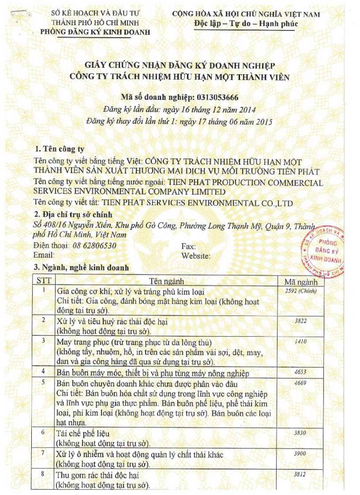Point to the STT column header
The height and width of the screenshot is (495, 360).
pos(44,281)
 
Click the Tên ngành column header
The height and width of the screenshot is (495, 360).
pos(167,282)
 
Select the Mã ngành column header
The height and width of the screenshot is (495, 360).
pos(301,282)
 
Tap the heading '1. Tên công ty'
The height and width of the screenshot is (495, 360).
pos(60,149)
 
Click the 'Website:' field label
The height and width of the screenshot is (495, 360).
pos(196,256)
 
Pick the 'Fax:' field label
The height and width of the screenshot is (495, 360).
pos(188,246)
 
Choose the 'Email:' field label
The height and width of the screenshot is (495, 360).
pos(44,255)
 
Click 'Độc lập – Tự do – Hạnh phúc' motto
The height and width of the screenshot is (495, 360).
pos(246,24)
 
